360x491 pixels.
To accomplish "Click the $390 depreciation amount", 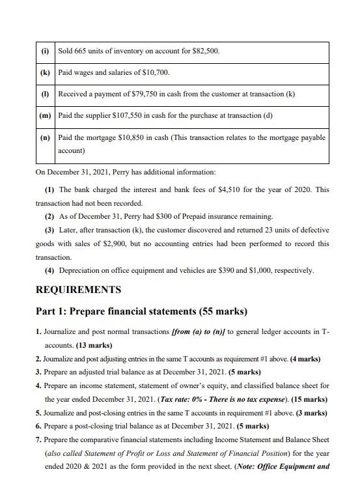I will pos(225,270).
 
